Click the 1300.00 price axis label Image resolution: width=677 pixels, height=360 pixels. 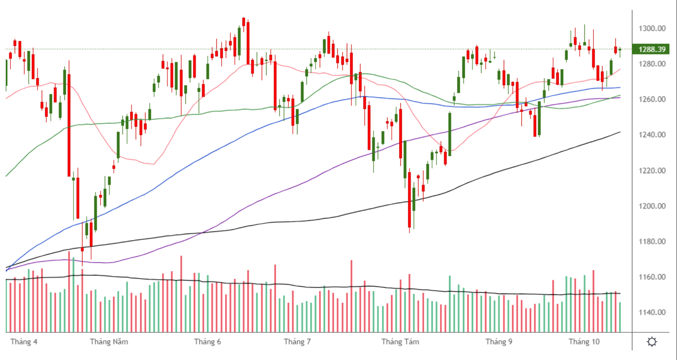[x=652, y=28]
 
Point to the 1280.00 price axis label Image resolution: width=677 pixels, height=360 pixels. [x=652, y=64]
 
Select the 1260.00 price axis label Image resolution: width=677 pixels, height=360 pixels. [x=652, y=99]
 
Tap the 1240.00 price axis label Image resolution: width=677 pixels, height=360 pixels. [x=652, y=135]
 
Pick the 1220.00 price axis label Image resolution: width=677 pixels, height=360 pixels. [x=652, y=171]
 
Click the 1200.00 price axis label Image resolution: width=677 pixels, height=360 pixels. [x=652, y=206]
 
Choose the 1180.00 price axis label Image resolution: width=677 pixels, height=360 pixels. [x=652, y=242]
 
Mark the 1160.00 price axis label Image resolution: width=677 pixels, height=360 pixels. [x=652, y=277]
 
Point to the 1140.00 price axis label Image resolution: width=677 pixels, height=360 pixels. [x=652, y=312]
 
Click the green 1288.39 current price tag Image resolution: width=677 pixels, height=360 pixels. [x=651, y=49]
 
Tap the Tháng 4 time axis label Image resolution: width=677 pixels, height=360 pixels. [x=23, y=341]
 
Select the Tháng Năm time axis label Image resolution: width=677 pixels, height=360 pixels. [x=109, y=341]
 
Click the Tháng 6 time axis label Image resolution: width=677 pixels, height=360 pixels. [x=207, y=341]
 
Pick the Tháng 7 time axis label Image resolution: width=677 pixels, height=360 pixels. [x=297, y=341]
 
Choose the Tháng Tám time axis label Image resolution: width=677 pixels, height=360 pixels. [x=400, y=341]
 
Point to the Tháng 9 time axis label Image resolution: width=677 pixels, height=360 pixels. [x=499, y=341]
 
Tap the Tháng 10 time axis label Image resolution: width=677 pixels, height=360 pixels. [x=584, y=341]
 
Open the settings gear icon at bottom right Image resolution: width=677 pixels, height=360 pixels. [x=652, y=341]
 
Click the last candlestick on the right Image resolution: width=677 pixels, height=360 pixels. [x=620, y=50]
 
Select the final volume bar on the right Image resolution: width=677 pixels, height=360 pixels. [x=620, y=317]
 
